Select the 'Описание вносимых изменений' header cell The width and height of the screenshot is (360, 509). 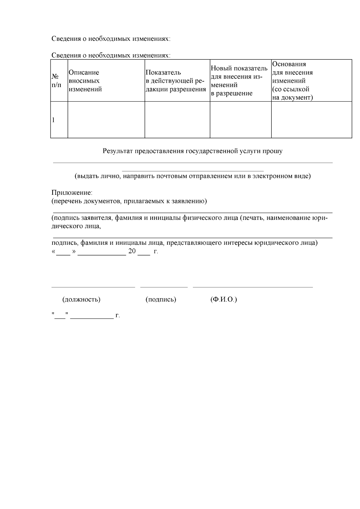(85, 81)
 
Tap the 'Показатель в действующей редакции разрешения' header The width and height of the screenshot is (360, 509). (175, 81)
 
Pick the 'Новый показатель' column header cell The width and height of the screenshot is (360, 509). (239, 81)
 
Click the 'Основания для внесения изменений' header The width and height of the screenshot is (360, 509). (292, 81)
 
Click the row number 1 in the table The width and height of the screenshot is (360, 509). (54, 120)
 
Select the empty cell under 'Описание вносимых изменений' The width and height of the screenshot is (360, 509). (106, 120)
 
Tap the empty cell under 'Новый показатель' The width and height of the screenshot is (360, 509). (241, 120)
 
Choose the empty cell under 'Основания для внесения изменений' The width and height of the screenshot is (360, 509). (311, 120)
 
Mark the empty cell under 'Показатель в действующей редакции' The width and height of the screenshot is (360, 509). (177, 120)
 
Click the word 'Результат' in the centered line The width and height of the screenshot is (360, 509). (118, 151)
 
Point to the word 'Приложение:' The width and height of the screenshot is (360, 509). (72, 192)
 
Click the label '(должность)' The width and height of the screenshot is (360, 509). (81, 299)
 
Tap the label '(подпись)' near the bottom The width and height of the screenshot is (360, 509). (161, 299)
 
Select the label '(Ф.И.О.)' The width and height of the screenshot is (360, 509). (224, 299)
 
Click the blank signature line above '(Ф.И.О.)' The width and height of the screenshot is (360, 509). (253, 287)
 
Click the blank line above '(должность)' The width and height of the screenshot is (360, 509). (93, 287)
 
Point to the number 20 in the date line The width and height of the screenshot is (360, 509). (132, 251)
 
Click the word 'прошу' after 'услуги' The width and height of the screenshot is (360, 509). (273, 151)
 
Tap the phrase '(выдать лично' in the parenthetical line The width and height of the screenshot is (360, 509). (97, 176)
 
